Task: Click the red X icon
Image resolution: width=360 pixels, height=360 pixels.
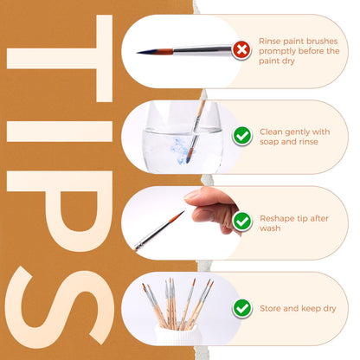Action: click(242, 49)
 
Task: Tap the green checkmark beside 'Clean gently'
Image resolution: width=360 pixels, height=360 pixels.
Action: click(242, 136)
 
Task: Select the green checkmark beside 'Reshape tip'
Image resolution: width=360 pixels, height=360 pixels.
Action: click(242, 222)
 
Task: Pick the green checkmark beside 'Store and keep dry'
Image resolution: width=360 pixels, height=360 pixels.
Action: click(242, 307)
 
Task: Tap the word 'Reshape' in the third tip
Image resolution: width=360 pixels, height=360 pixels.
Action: click(277, 218)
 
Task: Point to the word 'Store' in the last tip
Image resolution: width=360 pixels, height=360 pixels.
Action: click(273, 307)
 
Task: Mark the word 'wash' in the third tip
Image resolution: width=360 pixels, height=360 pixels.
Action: click(270, 229)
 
